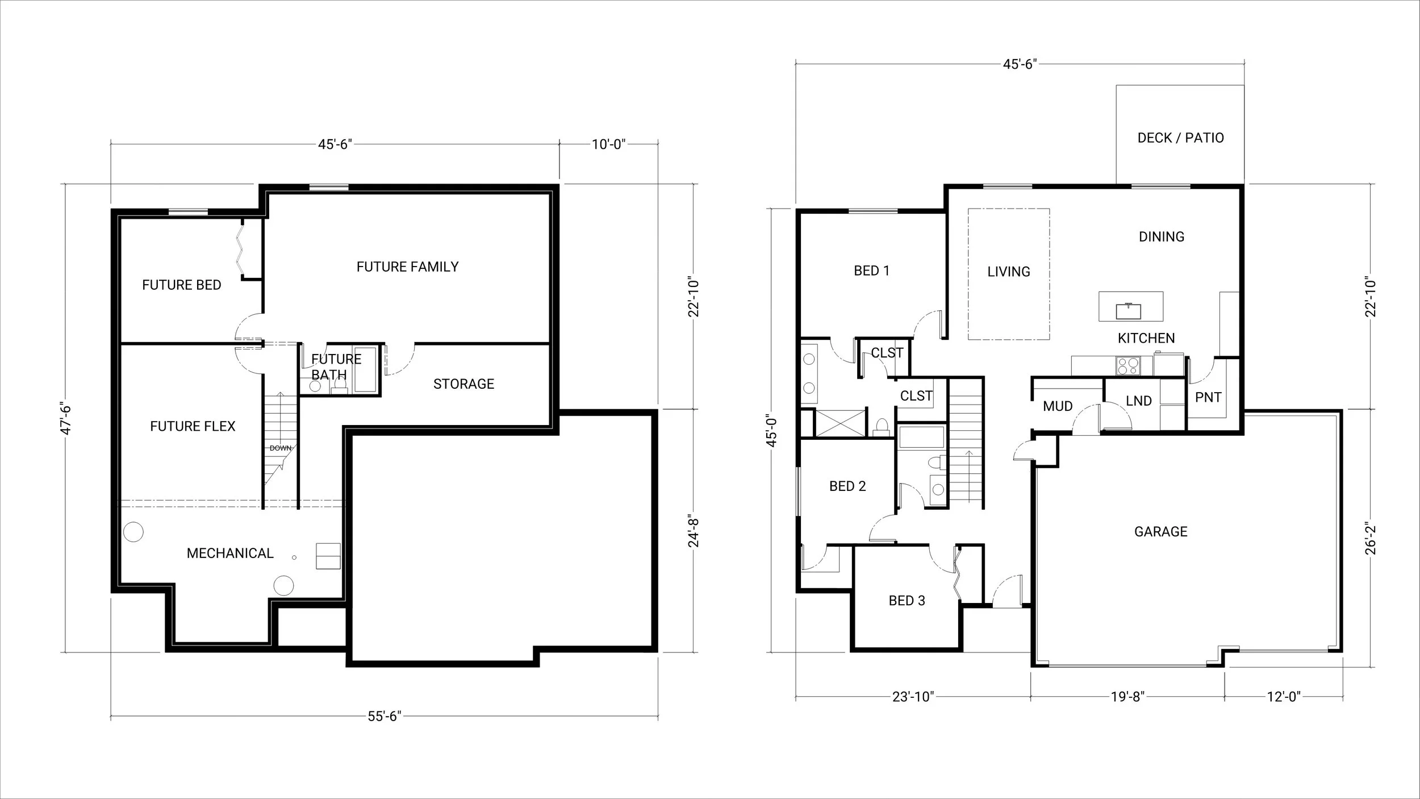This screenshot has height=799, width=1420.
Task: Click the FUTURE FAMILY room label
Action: coord(407,267)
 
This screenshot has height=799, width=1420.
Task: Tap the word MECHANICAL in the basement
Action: coord(230,553)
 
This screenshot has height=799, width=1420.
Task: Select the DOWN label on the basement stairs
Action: coord(281,448)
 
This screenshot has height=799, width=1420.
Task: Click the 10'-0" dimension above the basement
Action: coord(608,144)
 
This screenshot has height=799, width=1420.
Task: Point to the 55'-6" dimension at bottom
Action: coord(385,716)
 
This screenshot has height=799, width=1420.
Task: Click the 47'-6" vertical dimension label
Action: coord(66,419)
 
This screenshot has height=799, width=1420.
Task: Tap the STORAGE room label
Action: coord(463,384)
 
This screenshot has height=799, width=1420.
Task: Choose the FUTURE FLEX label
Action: coord(193,426)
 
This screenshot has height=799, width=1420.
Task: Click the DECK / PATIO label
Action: coord(1180,138)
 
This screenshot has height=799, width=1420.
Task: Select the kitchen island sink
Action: coord(1129,311)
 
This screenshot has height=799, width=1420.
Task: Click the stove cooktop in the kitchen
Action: coord(1127,365)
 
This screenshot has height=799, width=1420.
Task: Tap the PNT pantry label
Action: coord(1208,397)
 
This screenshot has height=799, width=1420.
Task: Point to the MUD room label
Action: coord(1058,406)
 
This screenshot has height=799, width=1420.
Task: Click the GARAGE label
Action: coord(1160,531)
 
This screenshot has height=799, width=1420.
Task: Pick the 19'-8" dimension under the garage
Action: coord(1127,697)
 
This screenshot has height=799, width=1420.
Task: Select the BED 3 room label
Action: coord(907,601)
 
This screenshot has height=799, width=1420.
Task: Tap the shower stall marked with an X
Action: coord(840,423)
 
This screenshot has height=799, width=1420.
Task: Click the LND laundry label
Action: coord(1138,401)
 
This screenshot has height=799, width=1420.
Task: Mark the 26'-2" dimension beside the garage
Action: coord(1371,538)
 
